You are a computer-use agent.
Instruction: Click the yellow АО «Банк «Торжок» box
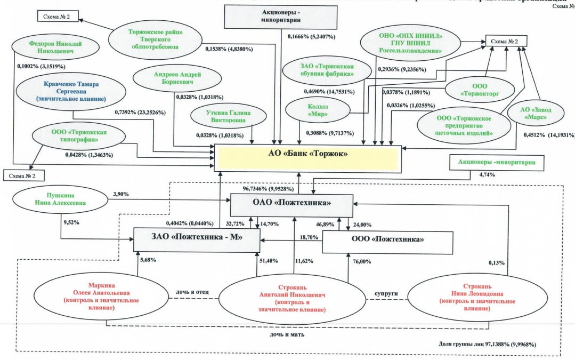tap(307, 154)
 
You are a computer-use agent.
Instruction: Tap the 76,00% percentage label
tap(362, 261)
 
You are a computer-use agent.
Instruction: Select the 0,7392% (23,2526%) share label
tap(140, 113)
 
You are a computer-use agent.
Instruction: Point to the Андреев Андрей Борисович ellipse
tap(169, 79)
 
